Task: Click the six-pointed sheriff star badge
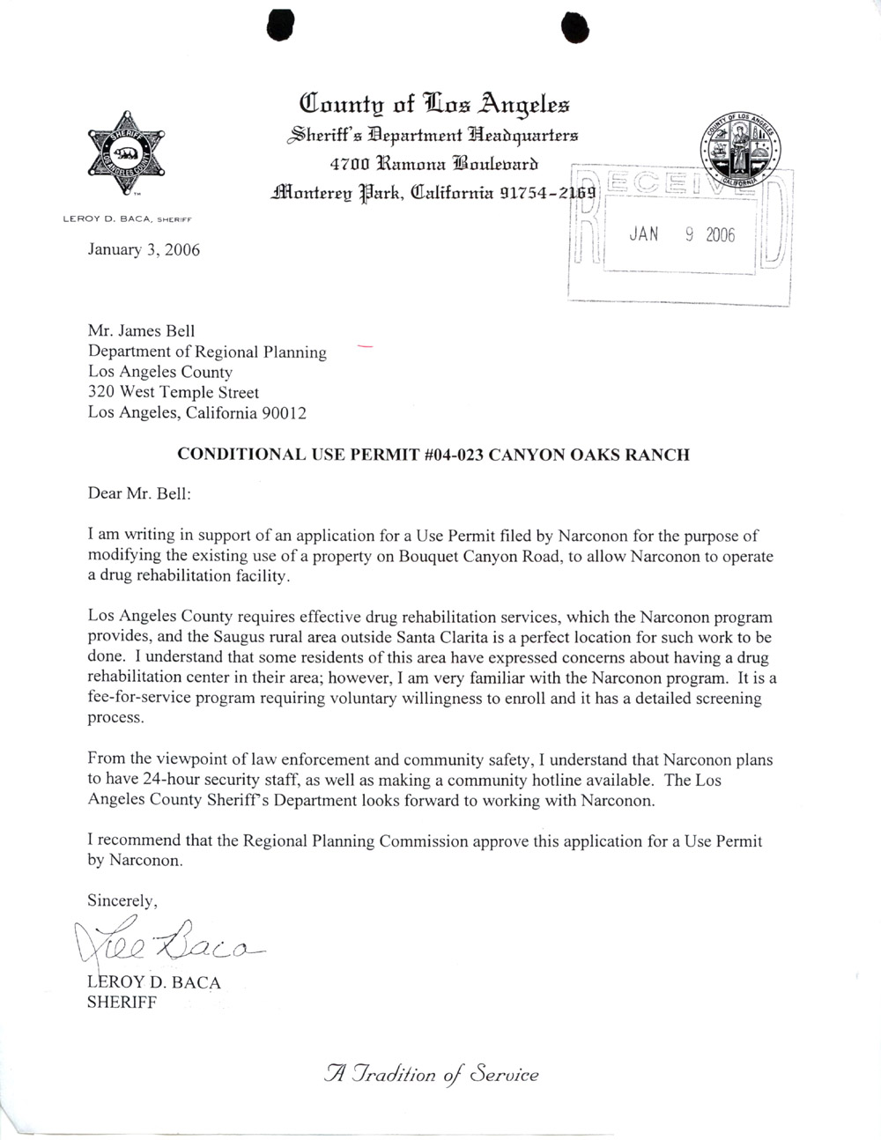click(126, 155)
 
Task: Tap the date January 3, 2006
click(144, 250)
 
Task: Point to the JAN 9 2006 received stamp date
click(681, 235)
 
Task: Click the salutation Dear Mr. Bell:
click(139, 493)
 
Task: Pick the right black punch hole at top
click(574, 29)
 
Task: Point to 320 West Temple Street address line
click(174, 392)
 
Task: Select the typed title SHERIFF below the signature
click(122, 1002)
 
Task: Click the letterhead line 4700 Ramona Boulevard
click(433, 163)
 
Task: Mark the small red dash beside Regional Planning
click(365, 347)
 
